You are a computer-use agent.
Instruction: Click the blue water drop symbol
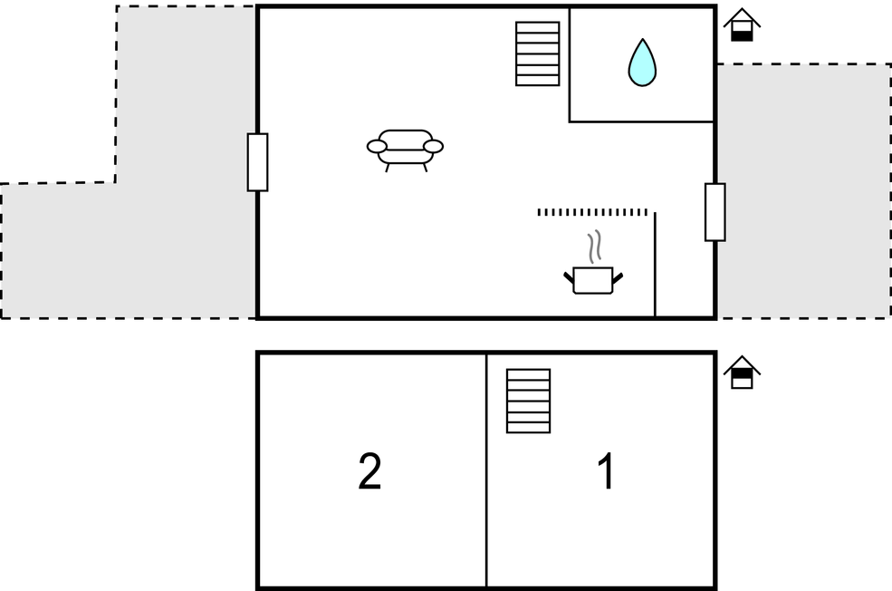pos(642,63)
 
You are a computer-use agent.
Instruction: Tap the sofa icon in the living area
pos(405,150)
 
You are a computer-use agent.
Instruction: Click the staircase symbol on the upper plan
pos(538,54)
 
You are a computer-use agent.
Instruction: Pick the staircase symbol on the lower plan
pos(529,402)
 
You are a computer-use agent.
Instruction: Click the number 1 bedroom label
pos(607,470)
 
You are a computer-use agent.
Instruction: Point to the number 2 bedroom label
pos(369,470)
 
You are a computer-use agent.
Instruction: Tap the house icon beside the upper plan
pos(742,25)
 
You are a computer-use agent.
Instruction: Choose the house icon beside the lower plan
pos(742,373)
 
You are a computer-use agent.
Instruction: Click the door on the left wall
pos(258,162)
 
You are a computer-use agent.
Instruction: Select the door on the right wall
pos(715,212)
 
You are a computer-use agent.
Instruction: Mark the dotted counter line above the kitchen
pos(592,212)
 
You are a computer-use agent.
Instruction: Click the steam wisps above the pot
pos(594,247)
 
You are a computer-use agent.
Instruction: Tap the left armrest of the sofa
pos(377,147)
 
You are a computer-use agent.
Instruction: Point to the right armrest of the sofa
pos(434,147)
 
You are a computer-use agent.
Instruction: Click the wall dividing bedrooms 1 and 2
pos(486,470)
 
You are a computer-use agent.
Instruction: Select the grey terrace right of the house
pos(804,190)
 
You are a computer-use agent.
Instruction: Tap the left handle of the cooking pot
pos(569,278)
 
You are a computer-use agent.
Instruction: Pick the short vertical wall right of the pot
pos(656,264)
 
